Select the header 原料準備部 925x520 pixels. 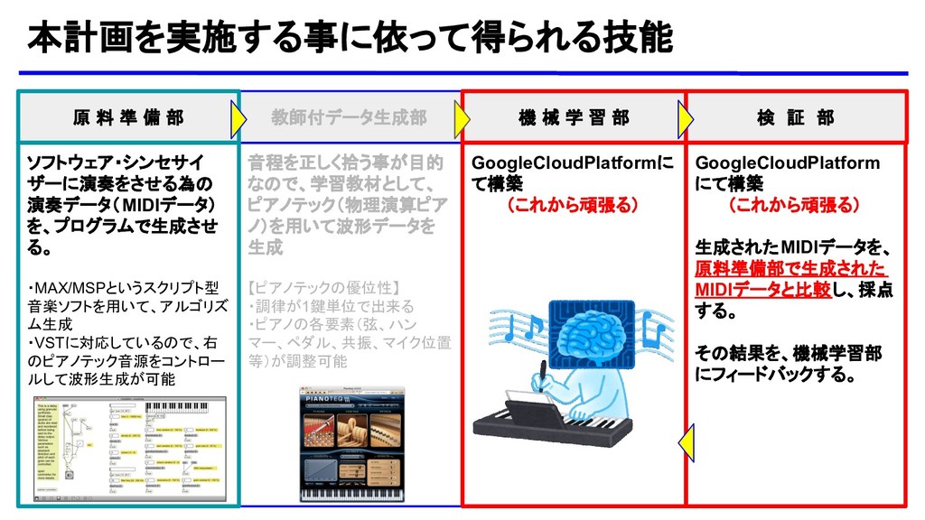click(127, 117)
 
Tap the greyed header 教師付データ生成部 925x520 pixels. click(350, 117)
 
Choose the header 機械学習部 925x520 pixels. click(575, 117)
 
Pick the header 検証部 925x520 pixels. click(796, 117)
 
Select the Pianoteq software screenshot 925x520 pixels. click(351, 445)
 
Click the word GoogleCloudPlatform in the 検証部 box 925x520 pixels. click(787, 162)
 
